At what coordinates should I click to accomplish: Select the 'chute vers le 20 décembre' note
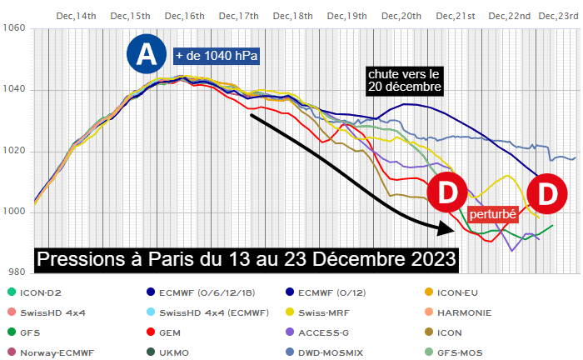404,79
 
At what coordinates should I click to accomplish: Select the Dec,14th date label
77,15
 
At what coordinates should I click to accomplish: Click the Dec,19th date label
347,15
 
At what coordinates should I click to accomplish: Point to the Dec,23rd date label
558,15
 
